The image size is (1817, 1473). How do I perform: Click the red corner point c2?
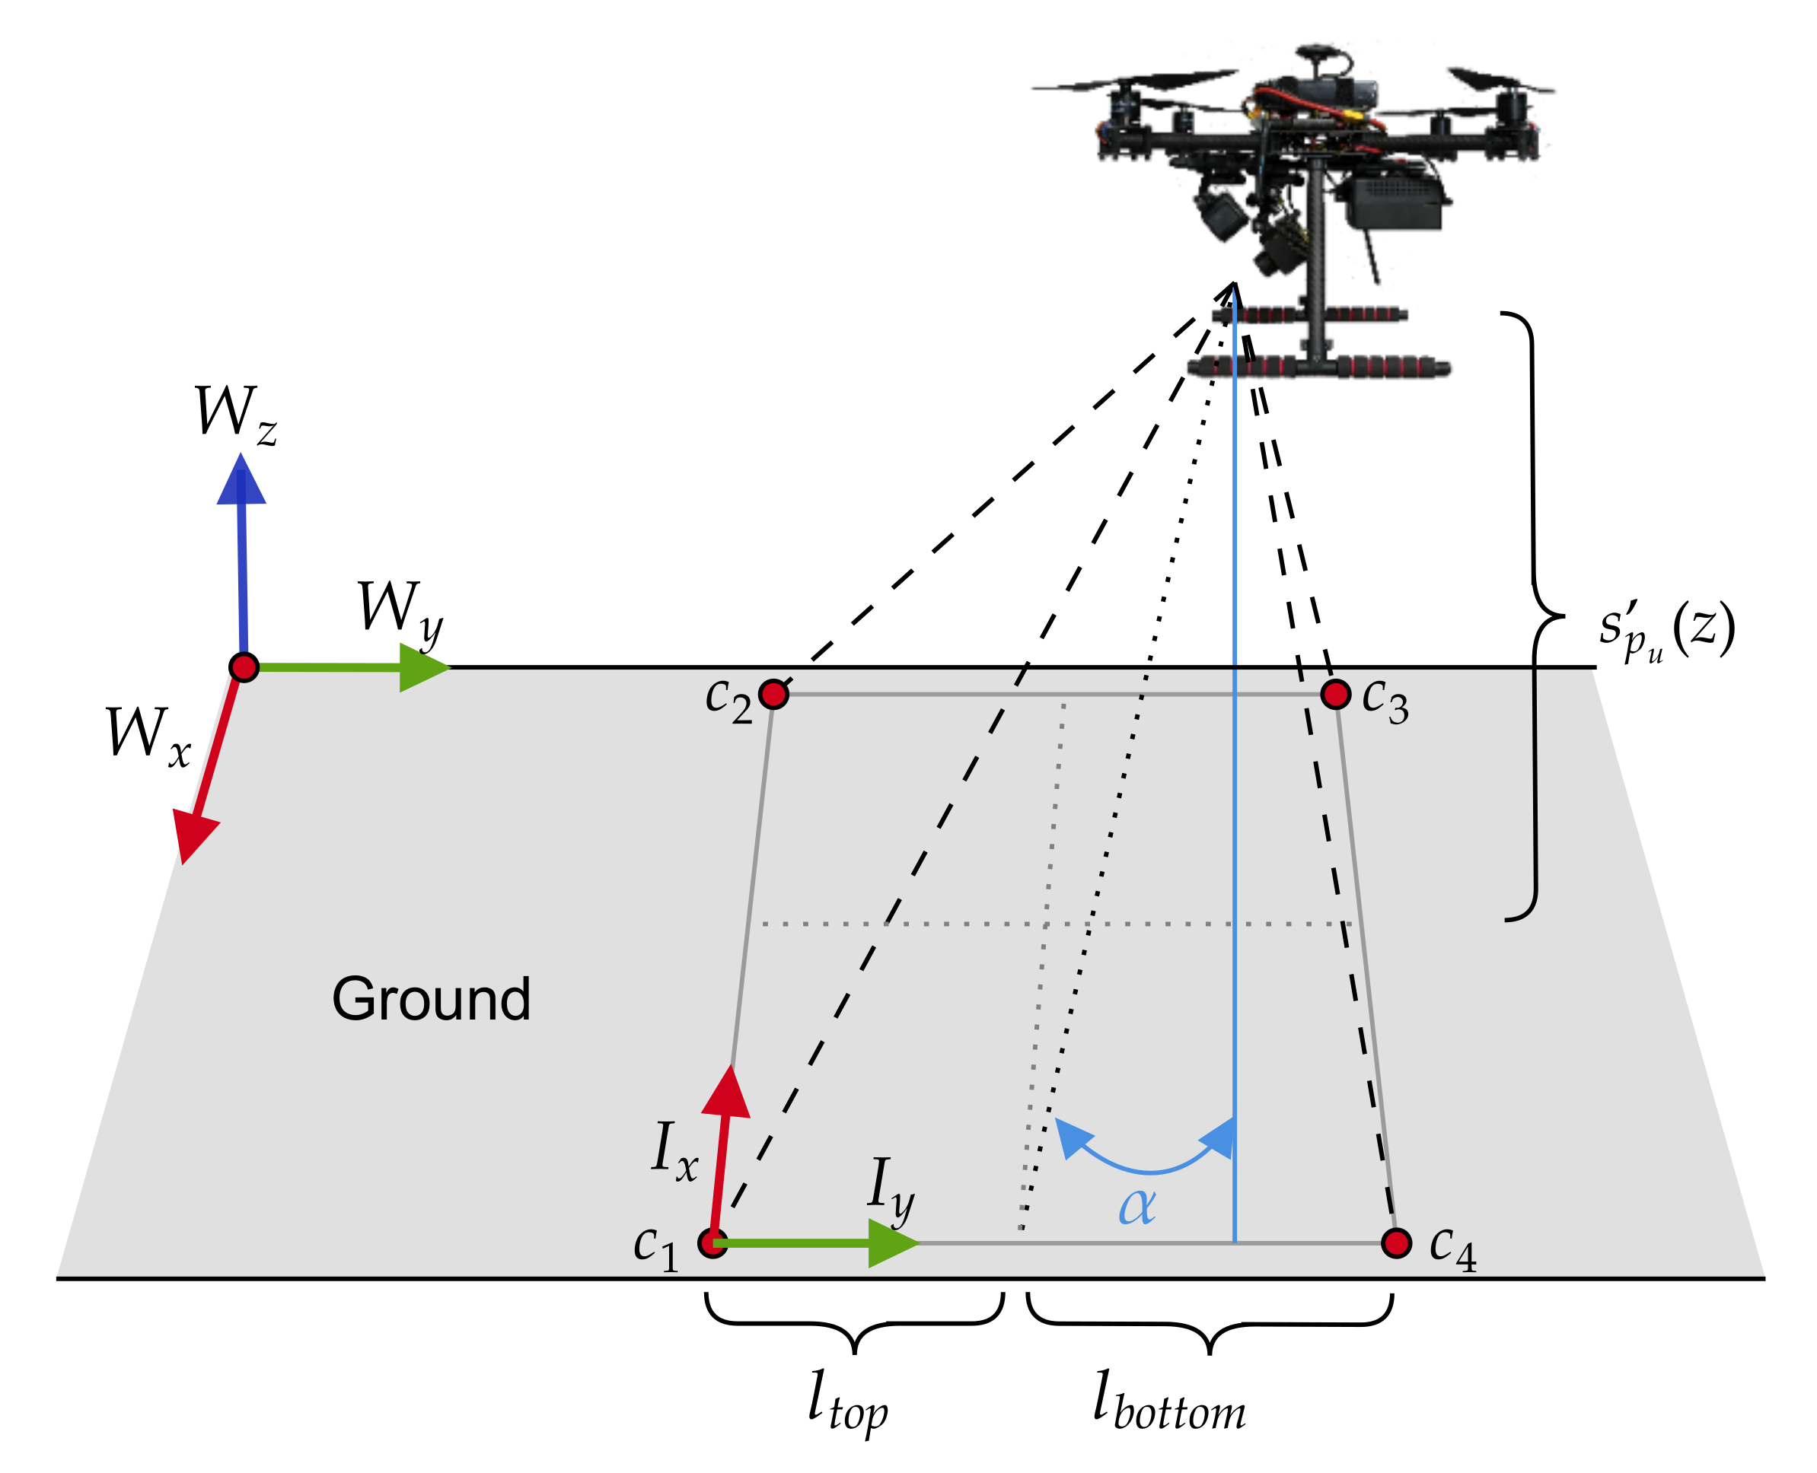point(773,694)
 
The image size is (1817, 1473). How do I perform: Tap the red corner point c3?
point(1336,694)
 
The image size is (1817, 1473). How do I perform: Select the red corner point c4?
point(1396,1243)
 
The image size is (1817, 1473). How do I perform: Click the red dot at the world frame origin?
point(244,667)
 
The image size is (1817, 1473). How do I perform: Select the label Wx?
point(147,735)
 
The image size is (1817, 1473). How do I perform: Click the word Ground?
point(430,1000)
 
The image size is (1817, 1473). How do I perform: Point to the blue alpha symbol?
point(1136,1206)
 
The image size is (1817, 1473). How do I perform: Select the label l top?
point(846,1399)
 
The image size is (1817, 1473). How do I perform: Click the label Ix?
point(674,1151)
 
